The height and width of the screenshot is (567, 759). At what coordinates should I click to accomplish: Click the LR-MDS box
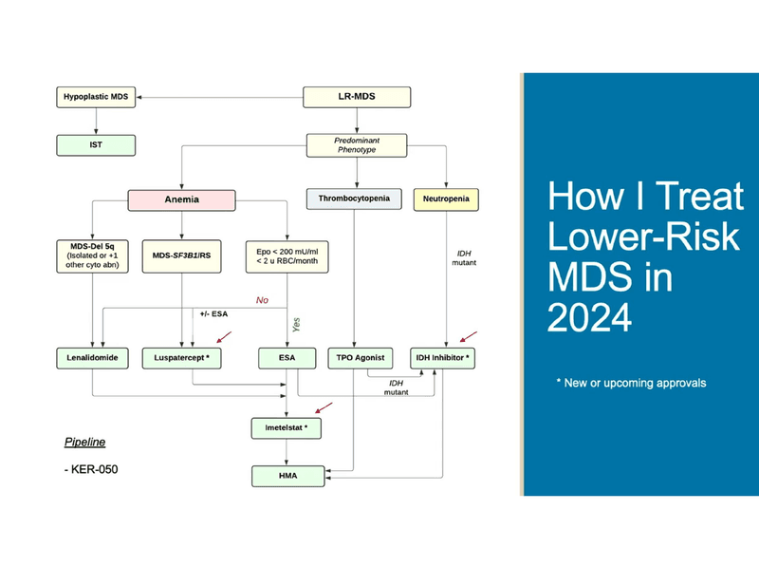[357, 97]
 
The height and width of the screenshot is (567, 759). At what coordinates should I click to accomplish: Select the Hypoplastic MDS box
[96, 97]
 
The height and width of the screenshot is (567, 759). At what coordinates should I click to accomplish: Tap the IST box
[96, 145]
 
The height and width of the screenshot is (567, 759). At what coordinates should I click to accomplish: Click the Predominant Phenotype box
[357, 145]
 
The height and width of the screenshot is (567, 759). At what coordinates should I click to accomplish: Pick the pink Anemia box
[180, 200]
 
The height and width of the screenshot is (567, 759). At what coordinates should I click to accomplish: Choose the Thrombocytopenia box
[354, 200]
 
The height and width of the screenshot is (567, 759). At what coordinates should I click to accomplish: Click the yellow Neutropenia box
[445, 200]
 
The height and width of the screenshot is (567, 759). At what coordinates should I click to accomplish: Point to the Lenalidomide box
[92, 359]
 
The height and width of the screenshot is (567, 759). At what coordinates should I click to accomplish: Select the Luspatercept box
[180, 359]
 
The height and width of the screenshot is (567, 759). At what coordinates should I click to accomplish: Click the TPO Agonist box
[354, 359]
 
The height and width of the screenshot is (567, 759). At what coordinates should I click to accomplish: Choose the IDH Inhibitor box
[442, 359]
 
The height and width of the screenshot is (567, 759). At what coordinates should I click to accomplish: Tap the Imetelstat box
[287, 429]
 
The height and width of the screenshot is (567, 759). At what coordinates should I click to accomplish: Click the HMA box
[287, 474]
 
